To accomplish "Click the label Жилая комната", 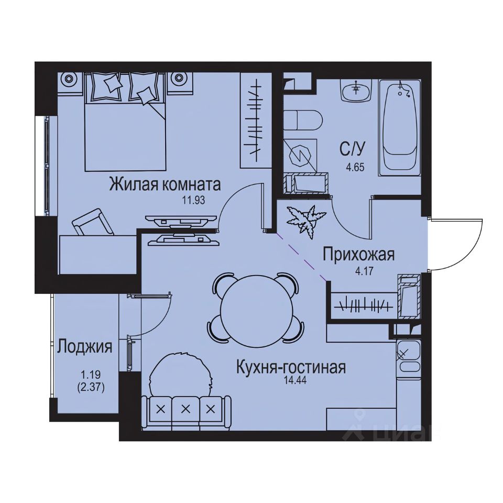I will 165,185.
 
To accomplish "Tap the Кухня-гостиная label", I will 290,367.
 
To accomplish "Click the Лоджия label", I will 85,346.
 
